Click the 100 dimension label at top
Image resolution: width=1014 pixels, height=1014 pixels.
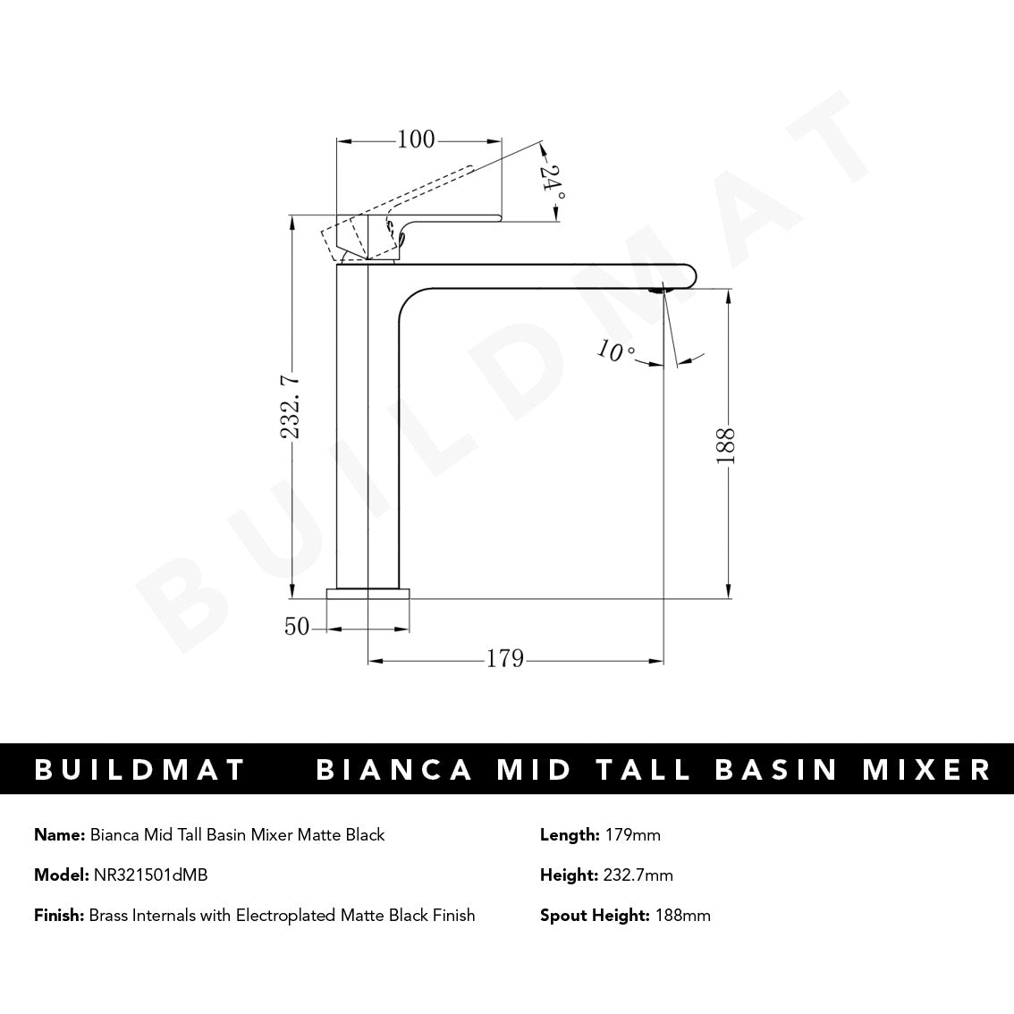click(416, 139)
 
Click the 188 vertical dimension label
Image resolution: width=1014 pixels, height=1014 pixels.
click(726, 445)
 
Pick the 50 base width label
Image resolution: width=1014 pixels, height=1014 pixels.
click(297, 627)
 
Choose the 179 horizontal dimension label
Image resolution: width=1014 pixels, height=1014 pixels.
click(504, 659)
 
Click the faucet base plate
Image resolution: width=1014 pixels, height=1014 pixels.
click(368, 593)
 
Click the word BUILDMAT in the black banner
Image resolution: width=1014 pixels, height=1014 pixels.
click(140, 770)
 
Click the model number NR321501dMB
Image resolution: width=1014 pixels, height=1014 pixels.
click(150, 875)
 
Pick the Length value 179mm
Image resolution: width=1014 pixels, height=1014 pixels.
click(632, 835)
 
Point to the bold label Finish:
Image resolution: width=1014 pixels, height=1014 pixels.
click(59, 915)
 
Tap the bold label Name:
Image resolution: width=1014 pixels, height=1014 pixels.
click(60, 835)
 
